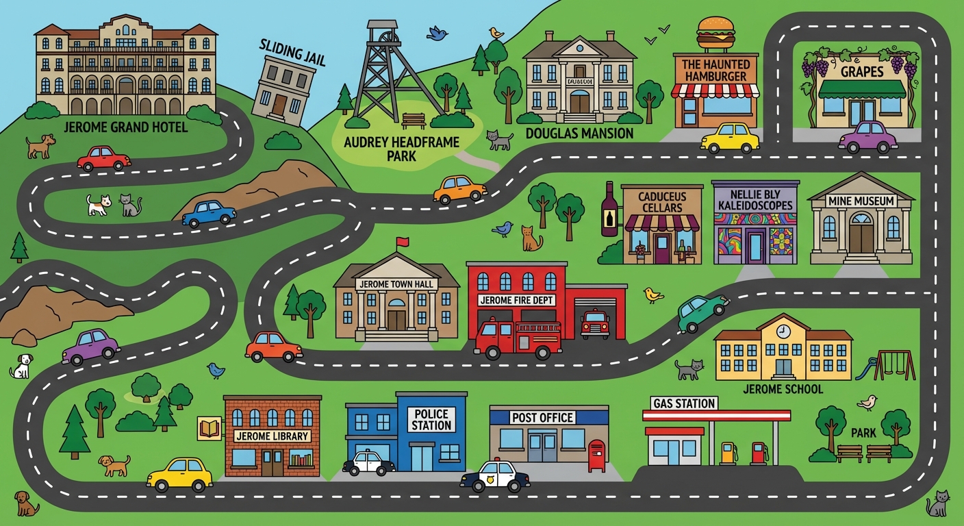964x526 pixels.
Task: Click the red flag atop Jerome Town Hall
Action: pyautogui.click(x=402, y=242)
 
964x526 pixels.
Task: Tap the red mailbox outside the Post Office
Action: pyautogui.click(x=596, y=455)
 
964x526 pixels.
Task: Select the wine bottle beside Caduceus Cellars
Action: pyautogui.click(x=609, y=210)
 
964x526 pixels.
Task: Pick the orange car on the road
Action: pyautogui.click(x=459, y=189)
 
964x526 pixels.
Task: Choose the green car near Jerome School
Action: pyautogui.click(x=702, y=312)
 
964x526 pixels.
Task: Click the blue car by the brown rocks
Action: pyautogui.click(x=209, y=213)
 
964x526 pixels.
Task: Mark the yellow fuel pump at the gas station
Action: pyautogui.click(x=727, y=453)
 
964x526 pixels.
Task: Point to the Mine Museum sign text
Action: pyautogui.click(x=861, y=201)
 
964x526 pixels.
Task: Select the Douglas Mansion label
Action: pyautogui.click(x=579, y=133)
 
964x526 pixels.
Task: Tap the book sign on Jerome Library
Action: pyautogui.click(x=207, y=429)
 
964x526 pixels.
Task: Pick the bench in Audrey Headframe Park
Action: pyautogui.click(x=414, y=121)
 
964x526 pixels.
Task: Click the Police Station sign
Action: pyautogui.click(x=431, y=419)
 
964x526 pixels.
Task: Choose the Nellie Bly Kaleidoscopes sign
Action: pyautogui.click(x=755, y=199)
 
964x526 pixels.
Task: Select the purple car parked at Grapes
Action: pyautogui.click(x=867, y=137)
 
